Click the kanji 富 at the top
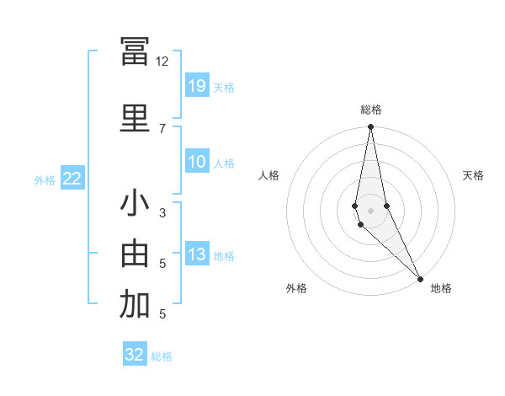click(x=134, y=52)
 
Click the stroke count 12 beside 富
click(x=162, y=62)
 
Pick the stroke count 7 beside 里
click(x=162, y=128)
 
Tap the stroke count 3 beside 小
click(x=162, y=213)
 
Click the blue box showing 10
click(x=197, y=162)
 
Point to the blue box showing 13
click(x=197, y=254)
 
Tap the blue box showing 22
click(x=72, y=179)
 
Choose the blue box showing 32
click(x=135, y=354)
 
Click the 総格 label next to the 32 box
click(x=162, y=356)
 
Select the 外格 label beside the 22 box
click(x=45, y=180)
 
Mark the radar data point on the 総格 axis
click(x=370, y=127)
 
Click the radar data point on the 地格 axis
click(x=419, y=277)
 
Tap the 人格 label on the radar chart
click(x=268, y=175)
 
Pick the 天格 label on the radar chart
click(x=473, y=175)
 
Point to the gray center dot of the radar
click(x=370, y=210)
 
